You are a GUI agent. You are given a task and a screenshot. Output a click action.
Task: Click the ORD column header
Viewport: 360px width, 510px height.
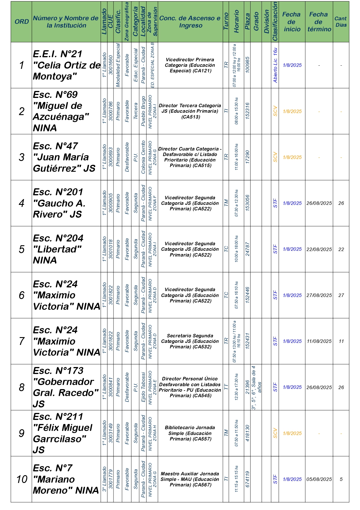[x=21, y=22]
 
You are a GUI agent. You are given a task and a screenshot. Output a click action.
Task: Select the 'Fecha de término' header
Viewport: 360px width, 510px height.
[x=319, y=22]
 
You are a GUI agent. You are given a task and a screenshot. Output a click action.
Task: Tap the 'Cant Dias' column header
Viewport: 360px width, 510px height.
[x=341, y=22]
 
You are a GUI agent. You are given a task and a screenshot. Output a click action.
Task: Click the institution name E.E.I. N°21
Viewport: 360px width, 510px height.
[x=66, y=65]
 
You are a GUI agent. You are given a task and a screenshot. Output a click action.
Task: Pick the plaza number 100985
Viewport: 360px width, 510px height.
[x=247, y=65]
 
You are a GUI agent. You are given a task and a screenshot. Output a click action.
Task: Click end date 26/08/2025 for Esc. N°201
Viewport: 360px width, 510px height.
[x=319, y=203]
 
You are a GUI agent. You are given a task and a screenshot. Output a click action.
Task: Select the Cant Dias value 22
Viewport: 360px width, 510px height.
[x=341, y=249]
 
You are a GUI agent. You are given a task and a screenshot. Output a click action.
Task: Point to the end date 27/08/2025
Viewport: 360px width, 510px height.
[x=319, y=295]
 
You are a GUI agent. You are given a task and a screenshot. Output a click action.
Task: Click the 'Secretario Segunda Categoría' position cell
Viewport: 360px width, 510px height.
[x=190, y=341]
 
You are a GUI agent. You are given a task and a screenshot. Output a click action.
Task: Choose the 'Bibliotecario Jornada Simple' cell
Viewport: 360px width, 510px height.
[x=190, y=433]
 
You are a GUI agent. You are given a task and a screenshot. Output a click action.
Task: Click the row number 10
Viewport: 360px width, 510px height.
[x=21, y=479]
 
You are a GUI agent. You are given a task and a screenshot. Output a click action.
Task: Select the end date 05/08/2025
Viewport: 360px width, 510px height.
[x=319, y=479]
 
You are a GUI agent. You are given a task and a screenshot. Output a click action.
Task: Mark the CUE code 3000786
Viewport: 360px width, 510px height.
[x=110, y=111]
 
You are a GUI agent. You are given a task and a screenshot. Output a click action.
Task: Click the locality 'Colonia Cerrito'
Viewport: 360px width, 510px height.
[x=143, y=157]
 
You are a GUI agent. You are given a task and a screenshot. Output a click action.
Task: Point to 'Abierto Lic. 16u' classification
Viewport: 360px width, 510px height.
[x=275, y=65]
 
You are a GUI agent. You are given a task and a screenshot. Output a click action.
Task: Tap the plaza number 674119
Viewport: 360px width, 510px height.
[x=247, y=479]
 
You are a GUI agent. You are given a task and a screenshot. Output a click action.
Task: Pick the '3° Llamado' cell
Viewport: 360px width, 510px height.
[x=104, y=479]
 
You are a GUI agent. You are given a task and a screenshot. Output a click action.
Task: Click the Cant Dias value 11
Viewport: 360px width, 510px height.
[x=341, y=341]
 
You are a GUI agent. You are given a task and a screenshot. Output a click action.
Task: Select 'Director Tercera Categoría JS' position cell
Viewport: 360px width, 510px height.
[x=190, y=111]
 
